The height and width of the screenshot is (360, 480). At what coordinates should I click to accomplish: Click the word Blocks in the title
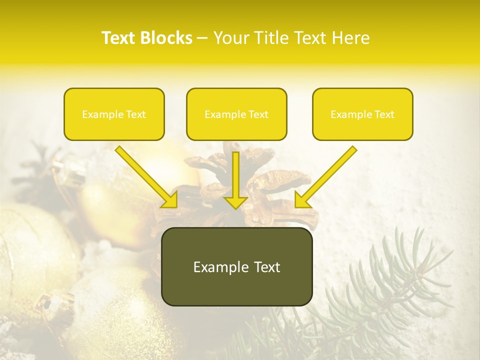click(167, 38)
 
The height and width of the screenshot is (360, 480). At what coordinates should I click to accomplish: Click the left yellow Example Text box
click(114, 114)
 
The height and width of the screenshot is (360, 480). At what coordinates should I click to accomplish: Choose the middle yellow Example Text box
click(236, 114)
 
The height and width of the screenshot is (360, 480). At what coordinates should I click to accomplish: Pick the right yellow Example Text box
click(362, 114)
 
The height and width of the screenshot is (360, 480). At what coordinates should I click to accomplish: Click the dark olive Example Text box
click(236, 266)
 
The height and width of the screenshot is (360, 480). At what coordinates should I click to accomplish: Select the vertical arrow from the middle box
click(235, 177)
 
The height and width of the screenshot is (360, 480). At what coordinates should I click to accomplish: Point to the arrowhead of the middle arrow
click(235, 202)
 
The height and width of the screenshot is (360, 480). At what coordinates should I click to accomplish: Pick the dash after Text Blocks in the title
click(202, 38)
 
